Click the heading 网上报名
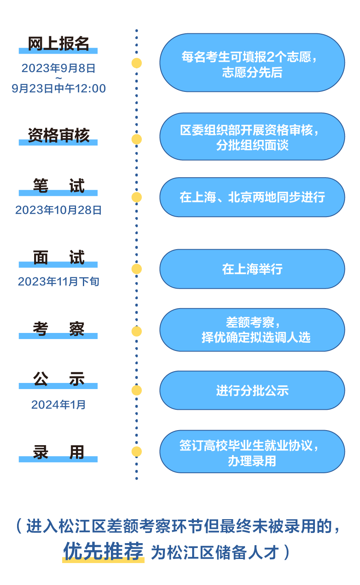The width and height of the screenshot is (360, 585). (x=58, y=43)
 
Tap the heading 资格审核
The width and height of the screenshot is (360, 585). (x=58, y=135)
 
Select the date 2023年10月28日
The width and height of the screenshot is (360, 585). (x=58, y=210)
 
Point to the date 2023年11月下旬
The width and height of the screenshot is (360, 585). (x=58, y=281)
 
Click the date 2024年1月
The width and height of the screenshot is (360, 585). (x=58, y=404)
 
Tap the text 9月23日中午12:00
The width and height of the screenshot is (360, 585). (x=59, y=88)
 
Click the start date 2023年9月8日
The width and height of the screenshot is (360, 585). (x=58, y=68)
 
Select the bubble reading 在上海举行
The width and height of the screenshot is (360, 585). (x=252, y=269)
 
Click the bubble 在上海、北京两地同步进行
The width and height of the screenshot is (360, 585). (x=252, y=197)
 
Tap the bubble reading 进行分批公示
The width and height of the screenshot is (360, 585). (x=252, y=390)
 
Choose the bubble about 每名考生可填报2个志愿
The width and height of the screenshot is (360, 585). (x=252, y=63)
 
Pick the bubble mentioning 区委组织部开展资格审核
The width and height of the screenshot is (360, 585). (x=252, y=137)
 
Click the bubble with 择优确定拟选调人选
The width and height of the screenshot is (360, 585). (x=252, y=330)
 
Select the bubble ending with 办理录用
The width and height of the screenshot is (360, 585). (x=252, y=452)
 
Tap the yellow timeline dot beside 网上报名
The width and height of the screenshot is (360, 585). (x=137, y=63)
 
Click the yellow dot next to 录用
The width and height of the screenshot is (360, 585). (x=137, y=452)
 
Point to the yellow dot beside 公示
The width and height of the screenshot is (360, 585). (x=137, y=390)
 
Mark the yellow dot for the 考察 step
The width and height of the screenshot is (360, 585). (x=137, y=331)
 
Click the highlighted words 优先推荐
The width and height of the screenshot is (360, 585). (x=103, y=551)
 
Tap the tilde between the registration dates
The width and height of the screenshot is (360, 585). (x=59, y=78)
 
